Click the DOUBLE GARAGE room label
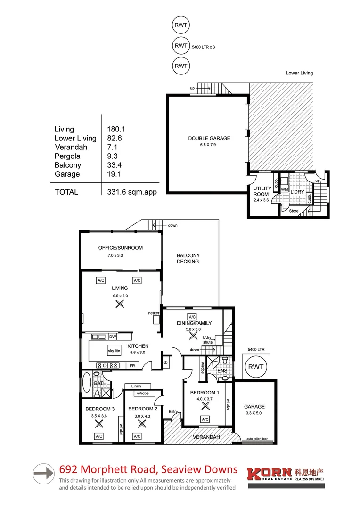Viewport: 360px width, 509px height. tap(209, 138)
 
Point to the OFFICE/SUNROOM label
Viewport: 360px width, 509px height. tap(120, 248)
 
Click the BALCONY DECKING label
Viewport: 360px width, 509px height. tap(188, 258)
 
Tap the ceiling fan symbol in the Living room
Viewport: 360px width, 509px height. tap(120, 304)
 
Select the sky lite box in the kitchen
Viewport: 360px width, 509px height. tap(115, 351)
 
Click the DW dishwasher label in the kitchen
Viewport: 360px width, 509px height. tap(113, 337)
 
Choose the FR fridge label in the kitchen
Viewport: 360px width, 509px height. tap(132, 365)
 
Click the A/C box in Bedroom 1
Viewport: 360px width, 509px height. tap(205, 419)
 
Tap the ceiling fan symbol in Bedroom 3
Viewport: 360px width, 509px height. tap(99, 424)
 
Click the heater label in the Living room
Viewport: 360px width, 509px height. tap(154, 313)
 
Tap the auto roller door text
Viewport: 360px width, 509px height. tap(257, 440)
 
